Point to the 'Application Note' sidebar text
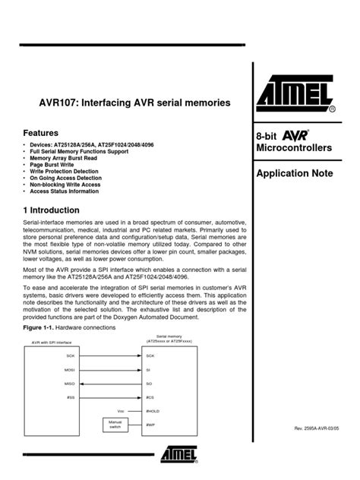point(295,175)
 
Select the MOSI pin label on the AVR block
point(69,369)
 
